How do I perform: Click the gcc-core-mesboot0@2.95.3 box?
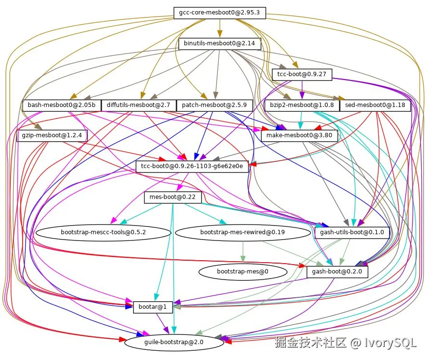point(220,13)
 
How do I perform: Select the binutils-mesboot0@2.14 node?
point(220,44)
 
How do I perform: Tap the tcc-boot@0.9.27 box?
point(302,74)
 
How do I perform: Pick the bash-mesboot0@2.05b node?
point(61,105)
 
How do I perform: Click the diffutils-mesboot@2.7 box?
point(138,105)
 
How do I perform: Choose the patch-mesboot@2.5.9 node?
point(215,105)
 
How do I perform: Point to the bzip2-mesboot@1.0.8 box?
point(301,105)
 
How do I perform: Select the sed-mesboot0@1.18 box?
point(375,105)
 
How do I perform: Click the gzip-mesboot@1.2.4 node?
point(52,136)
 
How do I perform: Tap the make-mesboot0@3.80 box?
point(300,136)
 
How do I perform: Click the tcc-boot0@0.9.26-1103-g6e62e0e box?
point(192,167)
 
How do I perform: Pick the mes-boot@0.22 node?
point(173,197)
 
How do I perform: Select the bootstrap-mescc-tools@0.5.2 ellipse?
point(103,232)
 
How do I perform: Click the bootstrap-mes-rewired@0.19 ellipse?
point(242,232)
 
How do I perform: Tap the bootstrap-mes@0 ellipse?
point(242,272)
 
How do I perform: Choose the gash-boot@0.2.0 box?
point(337,272)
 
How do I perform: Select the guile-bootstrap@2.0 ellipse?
point(174,342)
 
